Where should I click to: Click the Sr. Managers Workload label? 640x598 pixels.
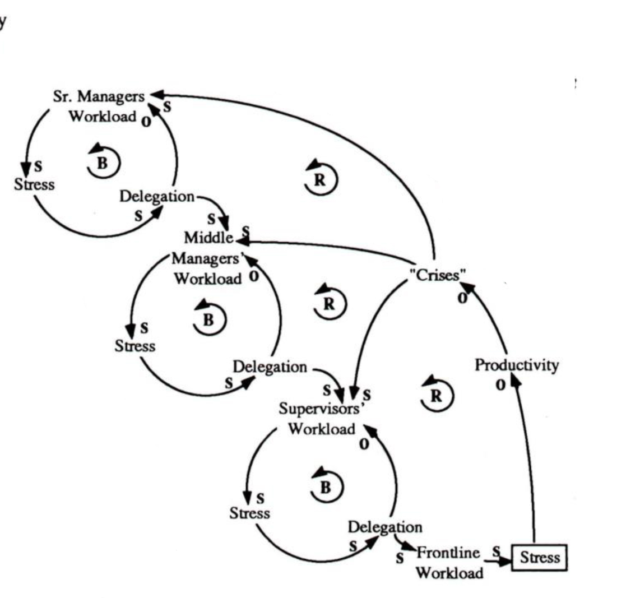103,106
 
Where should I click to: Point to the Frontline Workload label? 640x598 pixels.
449,563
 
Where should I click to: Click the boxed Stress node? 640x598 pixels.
539,558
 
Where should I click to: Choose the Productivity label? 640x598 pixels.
517,365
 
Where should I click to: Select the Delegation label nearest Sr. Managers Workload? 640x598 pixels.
157,197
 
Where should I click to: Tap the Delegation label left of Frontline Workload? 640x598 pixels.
385,527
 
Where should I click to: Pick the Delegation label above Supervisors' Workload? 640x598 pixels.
270,367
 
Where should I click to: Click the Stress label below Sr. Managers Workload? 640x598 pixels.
35,184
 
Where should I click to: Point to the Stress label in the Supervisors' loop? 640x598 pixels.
249,513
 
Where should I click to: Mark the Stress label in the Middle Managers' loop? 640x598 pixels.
135,346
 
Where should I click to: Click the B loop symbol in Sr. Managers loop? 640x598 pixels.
105,160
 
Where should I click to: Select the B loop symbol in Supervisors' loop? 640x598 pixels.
326,486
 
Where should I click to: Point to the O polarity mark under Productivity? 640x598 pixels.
497,385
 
